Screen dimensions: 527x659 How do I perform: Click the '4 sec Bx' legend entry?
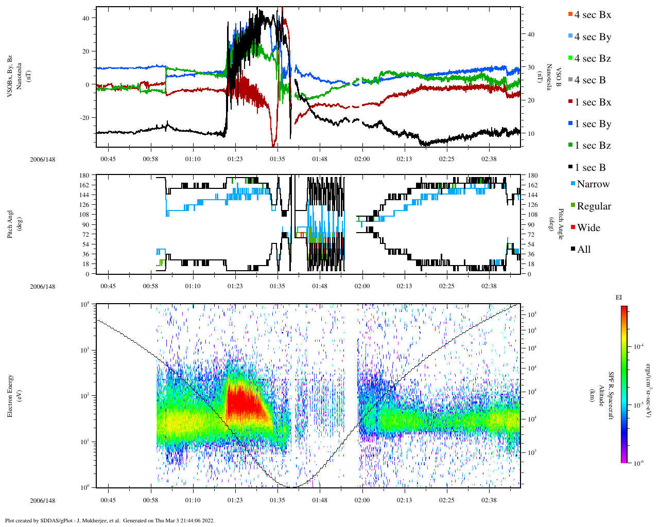(x=593, y=15)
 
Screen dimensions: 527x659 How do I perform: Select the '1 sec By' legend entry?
(x=593, y=124)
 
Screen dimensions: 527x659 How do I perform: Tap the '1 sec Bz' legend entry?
(x=593, y=146)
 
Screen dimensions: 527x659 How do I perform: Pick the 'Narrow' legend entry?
(x=593, y=184)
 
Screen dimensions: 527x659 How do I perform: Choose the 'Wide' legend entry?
(x=588, y=228)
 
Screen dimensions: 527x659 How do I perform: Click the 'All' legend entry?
(x=583, y=250)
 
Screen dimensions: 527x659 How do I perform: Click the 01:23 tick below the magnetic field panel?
(x=235, y=159)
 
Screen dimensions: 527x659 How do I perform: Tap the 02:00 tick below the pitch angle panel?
(x=362, y=286)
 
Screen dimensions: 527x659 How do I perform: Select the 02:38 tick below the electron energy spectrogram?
(x=489, y=500)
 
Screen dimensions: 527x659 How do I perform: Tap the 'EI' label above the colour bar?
(x=619, y=297)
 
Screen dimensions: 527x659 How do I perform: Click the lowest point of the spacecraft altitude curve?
(x=291, y=487)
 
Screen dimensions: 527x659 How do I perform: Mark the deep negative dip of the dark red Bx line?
(x=273, y=145)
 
